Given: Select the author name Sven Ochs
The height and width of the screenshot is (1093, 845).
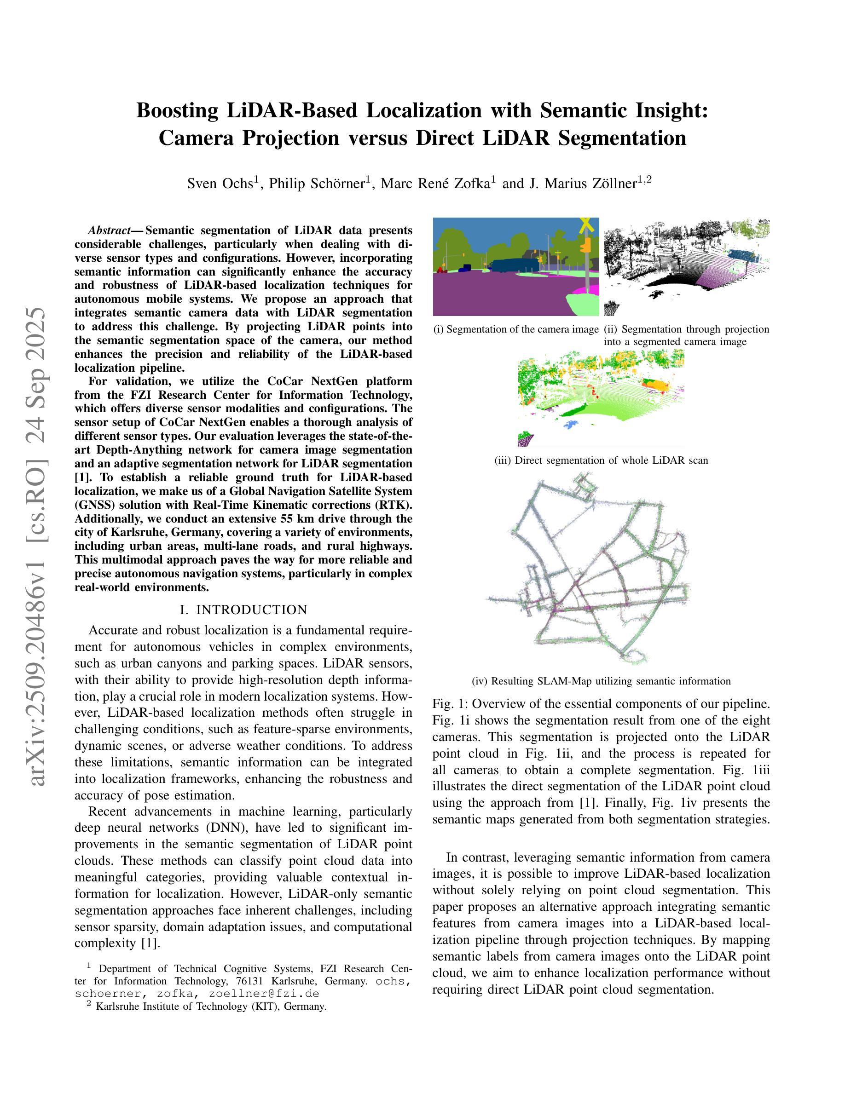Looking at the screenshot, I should click(x=220, y=184).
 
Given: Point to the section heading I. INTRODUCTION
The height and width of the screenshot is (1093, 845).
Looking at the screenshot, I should click(x=243, y=610).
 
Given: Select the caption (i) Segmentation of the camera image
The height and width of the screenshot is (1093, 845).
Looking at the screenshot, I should click(x=516, y=329).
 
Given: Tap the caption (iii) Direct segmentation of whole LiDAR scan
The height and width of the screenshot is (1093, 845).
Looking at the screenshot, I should click(x=601, y=460).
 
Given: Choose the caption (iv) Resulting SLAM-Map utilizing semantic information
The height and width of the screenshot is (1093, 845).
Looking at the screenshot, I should click(x=601, y=681).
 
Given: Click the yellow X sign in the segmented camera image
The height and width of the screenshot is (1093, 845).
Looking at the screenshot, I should click(x=586, y=226).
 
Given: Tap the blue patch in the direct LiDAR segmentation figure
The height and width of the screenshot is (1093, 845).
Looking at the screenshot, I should click(x=570, y=425).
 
